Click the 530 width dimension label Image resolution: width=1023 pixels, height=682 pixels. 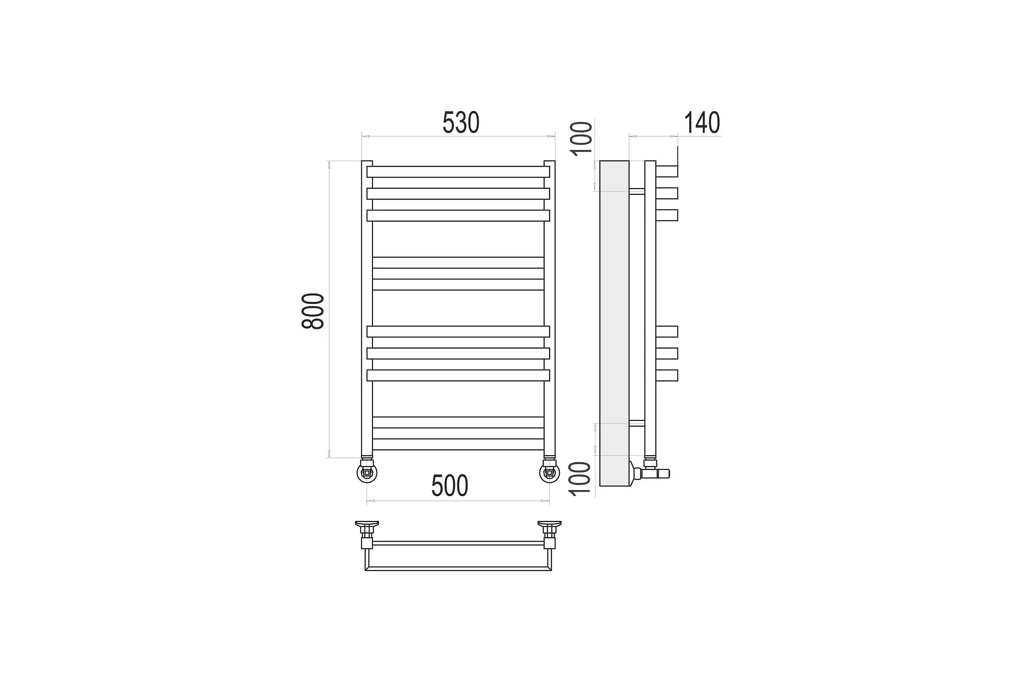(461, 123)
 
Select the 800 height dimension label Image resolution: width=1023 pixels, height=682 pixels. (313, 312)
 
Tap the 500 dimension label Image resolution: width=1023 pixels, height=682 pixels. (450, 485)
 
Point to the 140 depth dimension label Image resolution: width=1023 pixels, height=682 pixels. (702, 123)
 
